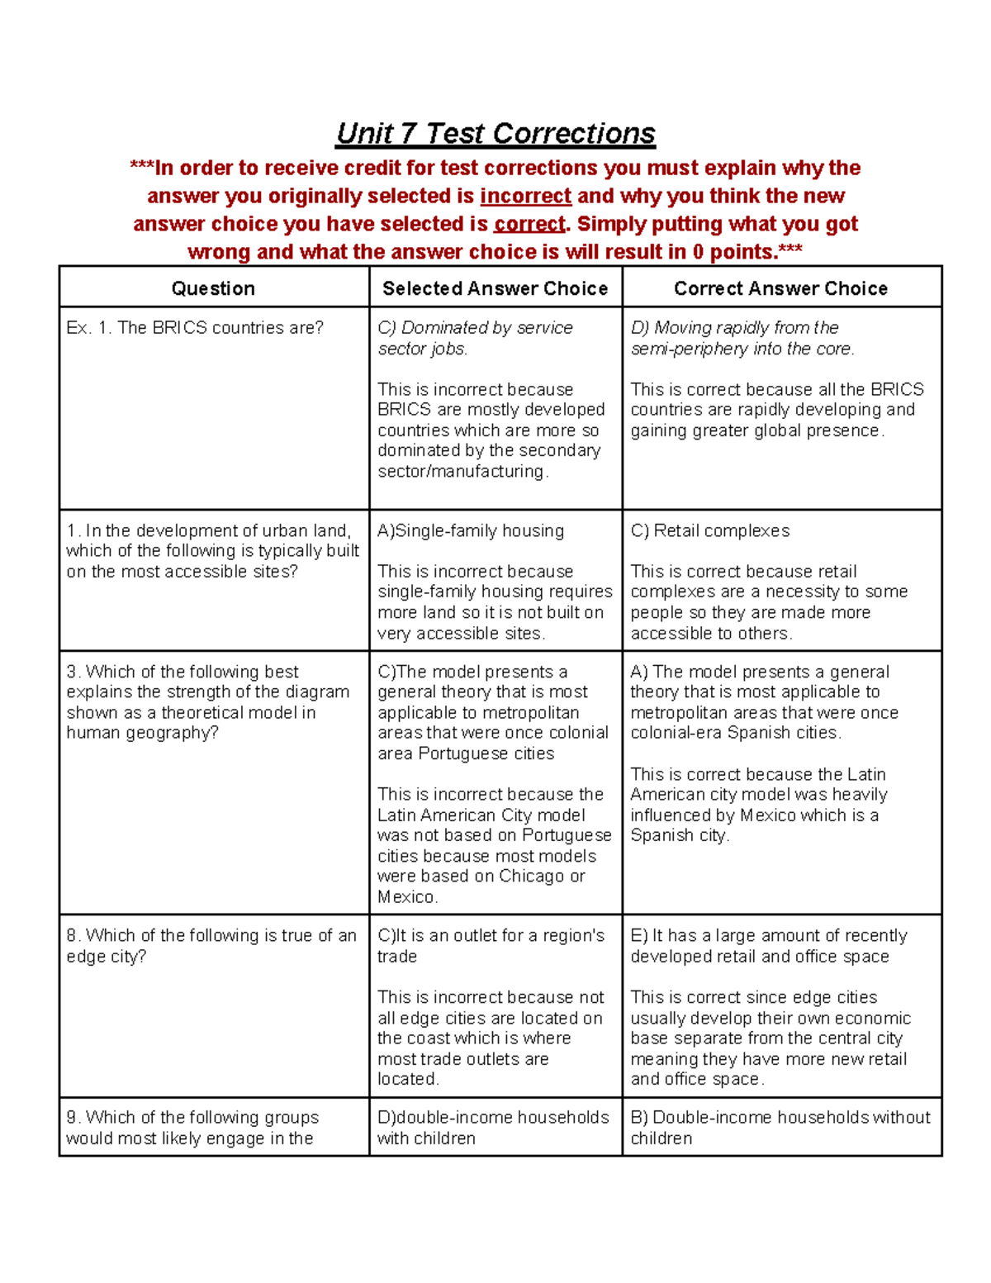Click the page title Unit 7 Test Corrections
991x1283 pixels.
pos(495,134)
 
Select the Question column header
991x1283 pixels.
pos(213,288)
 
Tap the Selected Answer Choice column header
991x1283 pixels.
pos(495,288)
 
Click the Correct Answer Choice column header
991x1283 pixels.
pos(780,288)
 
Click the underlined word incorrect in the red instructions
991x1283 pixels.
pos(525,196)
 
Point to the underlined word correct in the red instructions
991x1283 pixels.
pos(529,224)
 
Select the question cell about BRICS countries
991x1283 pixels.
pos(195,328)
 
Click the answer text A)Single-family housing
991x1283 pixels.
pos(471,531)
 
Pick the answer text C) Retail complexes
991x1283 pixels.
pos(710,531)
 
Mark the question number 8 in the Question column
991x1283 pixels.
pos(73,936)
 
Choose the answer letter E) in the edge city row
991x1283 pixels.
pos(639,936)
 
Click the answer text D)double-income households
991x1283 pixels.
pos(493,1118)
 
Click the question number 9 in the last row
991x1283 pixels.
pos(73,1118)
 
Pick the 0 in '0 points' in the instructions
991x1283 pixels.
pos(698,252)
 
